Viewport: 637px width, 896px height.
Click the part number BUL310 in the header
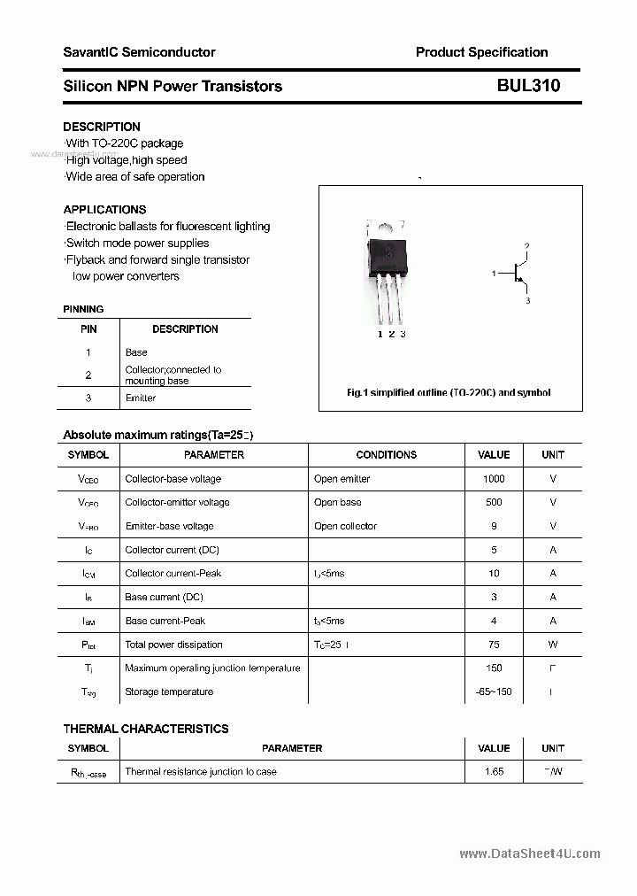point(528,86)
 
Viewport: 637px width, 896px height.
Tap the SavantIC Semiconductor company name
point(139,52)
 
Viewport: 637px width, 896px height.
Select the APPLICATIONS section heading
point(104,210)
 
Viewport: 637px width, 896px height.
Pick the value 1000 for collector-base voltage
point(494,479)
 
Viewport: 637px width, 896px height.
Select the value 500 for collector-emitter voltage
point(494,502)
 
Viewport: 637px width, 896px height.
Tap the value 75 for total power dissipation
point(494,645)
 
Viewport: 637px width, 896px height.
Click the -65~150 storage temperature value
point(494,691)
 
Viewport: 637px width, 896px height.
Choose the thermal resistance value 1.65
point(494,771)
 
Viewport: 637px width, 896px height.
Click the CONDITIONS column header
point(386,455)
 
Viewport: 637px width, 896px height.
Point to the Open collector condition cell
point(345,526)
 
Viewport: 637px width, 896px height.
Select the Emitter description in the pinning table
point(141,398)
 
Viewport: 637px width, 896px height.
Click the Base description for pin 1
point(136,352)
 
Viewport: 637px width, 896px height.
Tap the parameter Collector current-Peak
point(173,573)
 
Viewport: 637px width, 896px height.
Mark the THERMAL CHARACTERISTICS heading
point(146,729)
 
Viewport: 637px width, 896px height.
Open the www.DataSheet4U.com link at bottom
point(530,854)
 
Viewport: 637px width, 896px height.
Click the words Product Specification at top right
point(481,52)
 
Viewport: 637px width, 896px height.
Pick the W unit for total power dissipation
point(553,645)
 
